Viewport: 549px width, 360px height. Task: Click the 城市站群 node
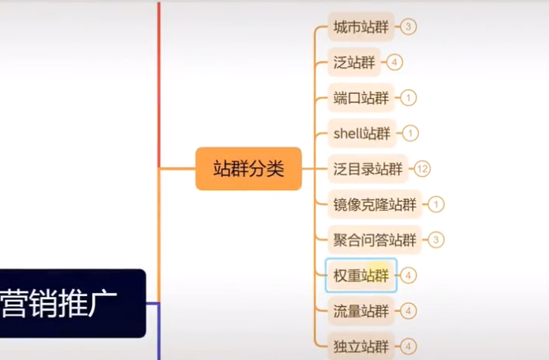[361, 28]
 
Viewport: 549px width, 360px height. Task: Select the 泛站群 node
[353, 62]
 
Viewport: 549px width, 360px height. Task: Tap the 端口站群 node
[361, 98]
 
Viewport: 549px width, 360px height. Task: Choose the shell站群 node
[361, 133]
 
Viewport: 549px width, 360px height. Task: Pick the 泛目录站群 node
[368, 169]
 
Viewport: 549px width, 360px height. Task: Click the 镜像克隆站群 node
[375, 204]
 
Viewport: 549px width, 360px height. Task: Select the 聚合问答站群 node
[375, 240]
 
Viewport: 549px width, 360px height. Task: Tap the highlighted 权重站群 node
[361, 276]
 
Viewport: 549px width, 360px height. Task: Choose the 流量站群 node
[361, 311]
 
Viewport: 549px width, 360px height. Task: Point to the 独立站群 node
[361, 346]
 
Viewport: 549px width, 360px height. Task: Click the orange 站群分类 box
[248, 168]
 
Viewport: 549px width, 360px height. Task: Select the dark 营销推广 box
[71, 303]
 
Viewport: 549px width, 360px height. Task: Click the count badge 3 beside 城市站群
[408, 27]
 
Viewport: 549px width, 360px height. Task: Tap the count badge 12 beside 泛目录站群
[423, 169]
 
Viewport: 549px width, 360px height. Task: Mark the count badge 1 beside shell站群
[409, 133]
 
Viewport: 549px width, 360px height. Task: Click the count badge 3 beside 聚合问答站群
[436, 240]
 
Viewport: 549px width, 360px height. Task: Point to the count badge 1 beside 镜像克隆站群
[436, 204]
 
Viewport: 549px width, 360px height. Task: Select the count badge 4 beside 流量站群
[409, 311]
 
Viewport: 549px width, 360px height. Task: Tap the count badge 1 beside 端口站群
[409, 98]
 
